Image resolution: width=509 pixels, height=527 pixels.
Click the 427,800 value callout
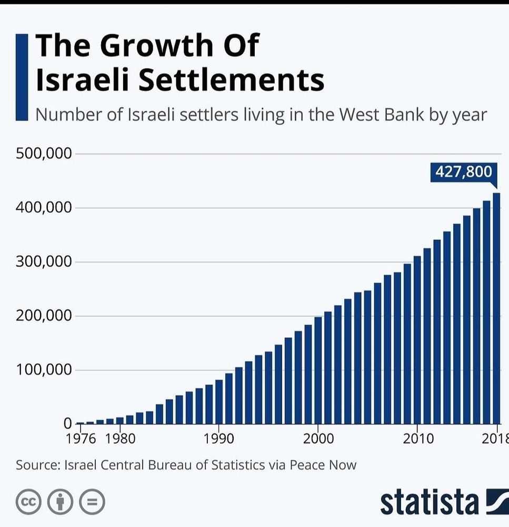click(x=464, y=172)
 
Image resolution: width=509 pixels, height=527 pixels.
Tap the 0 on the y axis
click(x=67, y=424)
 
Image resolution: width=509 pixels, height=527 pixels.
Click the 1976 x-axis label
click(x=81, y=438)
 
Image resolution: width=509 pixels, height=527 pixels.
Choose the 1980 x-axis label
click(x=120, y=438)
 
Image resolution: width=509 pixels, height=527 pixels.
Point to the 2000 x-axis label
click(x=318, y=438)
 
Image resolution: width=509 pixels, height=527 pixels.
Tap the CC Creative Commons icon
click(x=28, y=502)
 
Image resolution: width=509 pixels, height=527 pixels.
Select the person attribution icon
click(x=60, y=502)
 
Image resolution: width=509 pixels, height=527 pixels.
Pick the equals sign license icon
click(x=92, y=502)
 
